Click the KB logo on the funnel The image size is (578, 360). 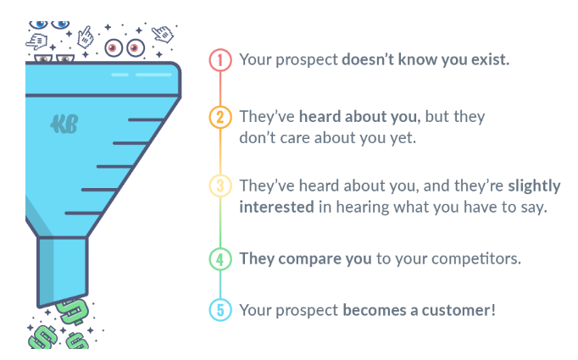(x=64, y=125)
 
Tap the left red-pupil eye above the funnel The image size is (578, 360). (x=114, y=48)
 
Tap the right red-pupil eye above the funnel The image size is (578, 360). (x=136, y=48)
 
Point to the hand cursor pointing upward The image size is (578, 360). (x=86, y=37)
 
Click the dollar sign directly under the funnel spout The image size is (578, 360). (x=73, y=312)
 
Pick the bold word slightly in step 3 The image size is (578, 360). (x=534, y=186)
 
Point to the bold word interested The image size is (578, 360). (x=276, y=207)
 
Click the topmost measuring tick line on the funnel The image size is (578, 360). (x=147, y=119)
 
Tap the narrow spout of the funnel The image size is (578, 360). (x=63, y=272)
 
